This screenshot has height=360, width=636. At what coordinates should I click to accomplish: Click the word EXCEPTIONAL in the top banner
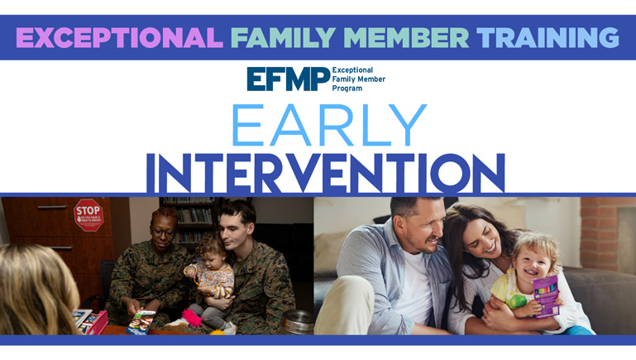(119, 37)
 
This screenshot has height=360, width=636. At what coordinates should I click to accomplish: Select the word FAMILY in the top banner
(272, 37)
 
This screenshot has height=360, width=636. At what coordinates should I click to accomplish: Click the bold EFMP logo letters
(287, 79)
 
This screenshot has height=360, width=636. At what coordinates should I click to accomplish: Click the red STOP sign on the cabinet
(88, 214)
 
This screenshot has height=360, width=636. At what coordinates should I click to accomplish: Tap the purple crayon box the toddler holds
(546, 295)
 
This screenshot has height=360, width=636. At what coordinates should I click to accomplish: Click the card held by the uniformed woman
(141, 321)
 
